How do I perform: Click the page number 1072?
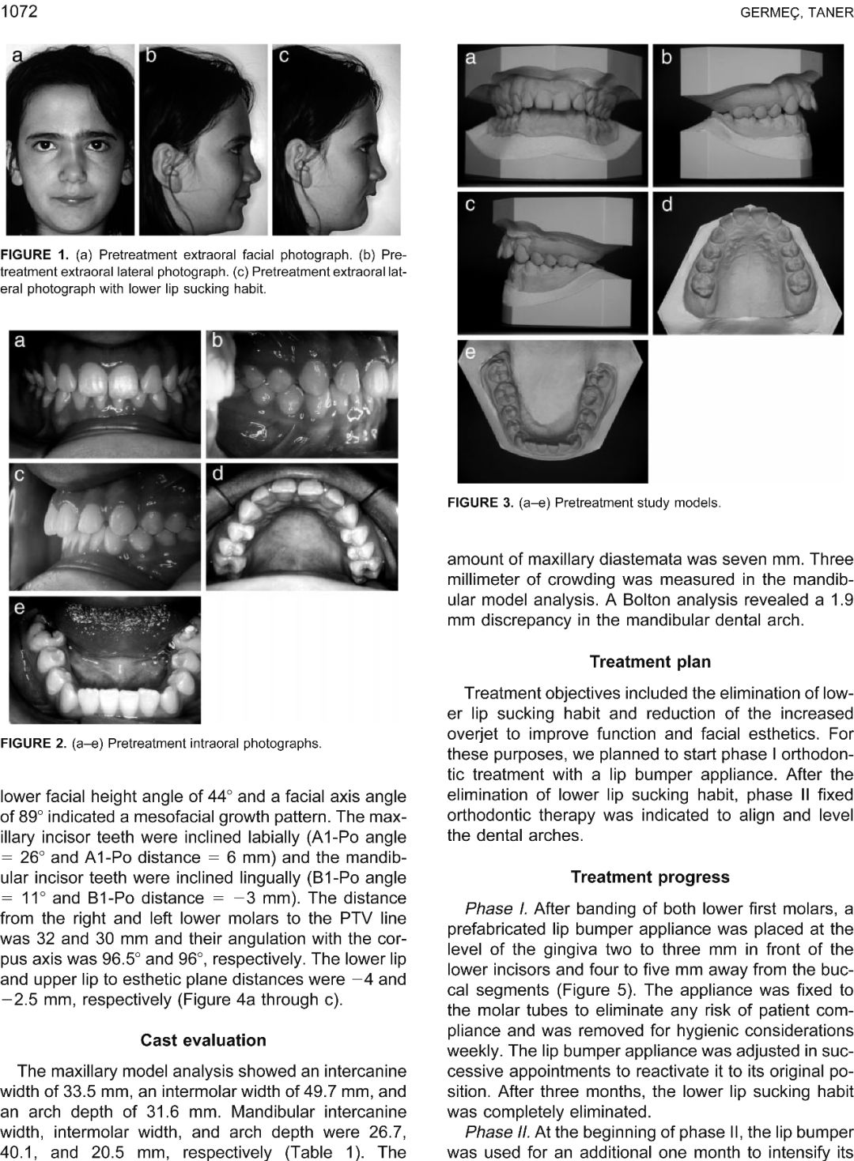point(19,11)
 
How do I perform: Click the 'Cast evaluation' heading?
point(203,1039)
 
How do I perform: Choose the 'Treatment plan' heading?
point(650,662)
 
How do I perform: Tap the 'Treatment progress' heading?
point(650,876)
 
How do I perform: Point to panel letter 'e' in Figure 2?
point(19,607)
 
